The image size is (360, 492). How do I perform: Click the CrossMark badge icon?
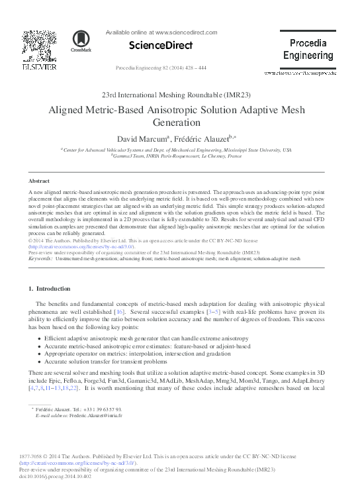(x=83, y=40)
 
